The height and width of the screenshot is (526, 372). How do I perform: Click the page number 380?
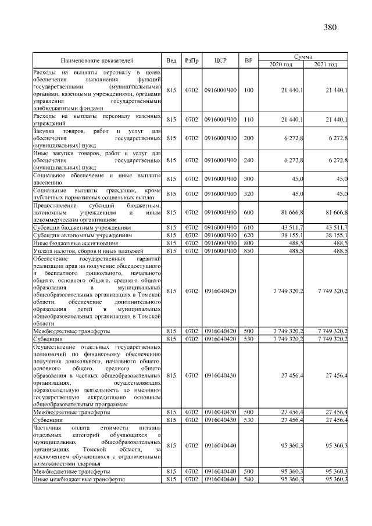(328, 27)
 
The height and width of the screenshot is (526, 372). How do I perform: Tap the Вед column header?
(171, 60)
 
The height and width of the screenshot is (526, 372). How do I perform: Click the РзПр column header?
(191, 60)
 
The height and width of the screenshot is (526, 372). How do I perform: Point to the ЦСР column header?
(220, 60)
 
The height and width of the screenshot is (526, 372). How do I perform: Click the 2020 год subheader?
(280, 64)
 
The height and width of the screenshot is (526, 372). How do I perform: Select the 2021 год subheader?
(325, 64)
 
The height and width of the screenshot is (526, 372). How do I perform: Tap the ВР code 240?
(249, 160)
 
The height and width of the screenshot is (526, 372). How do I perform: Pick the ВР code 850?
(249, 251)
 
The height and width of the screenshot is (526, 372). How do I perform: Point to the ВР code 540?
(249, 479)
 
